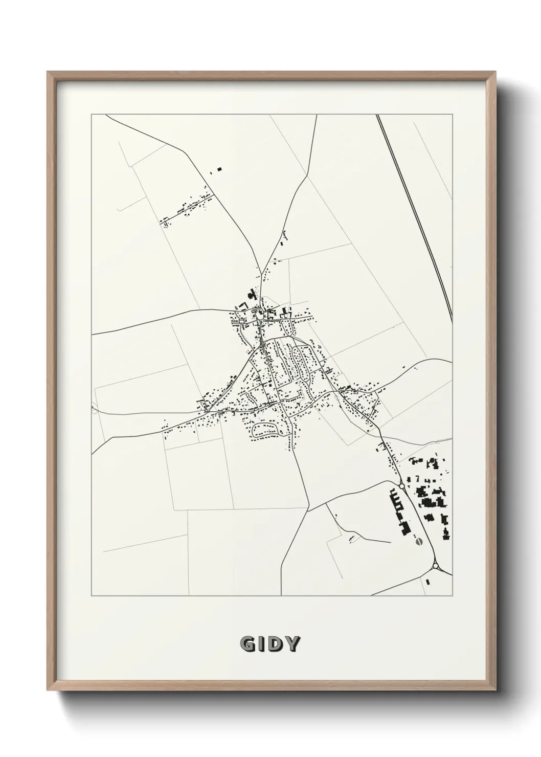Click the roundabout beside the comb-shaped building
point(402,485)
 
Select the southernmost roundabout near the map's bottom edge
point(436,566)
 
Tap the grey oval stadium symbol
point(419,541)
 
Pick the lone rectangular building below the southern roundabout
point(427,582)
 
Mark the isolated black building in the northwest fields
point(220,168)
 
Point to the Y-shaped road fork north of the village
point(260,275)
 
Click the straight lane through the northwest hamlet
point(187,208)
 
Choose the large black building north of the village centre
point(251,295)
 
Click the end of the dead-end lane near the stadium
point(390,541)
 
